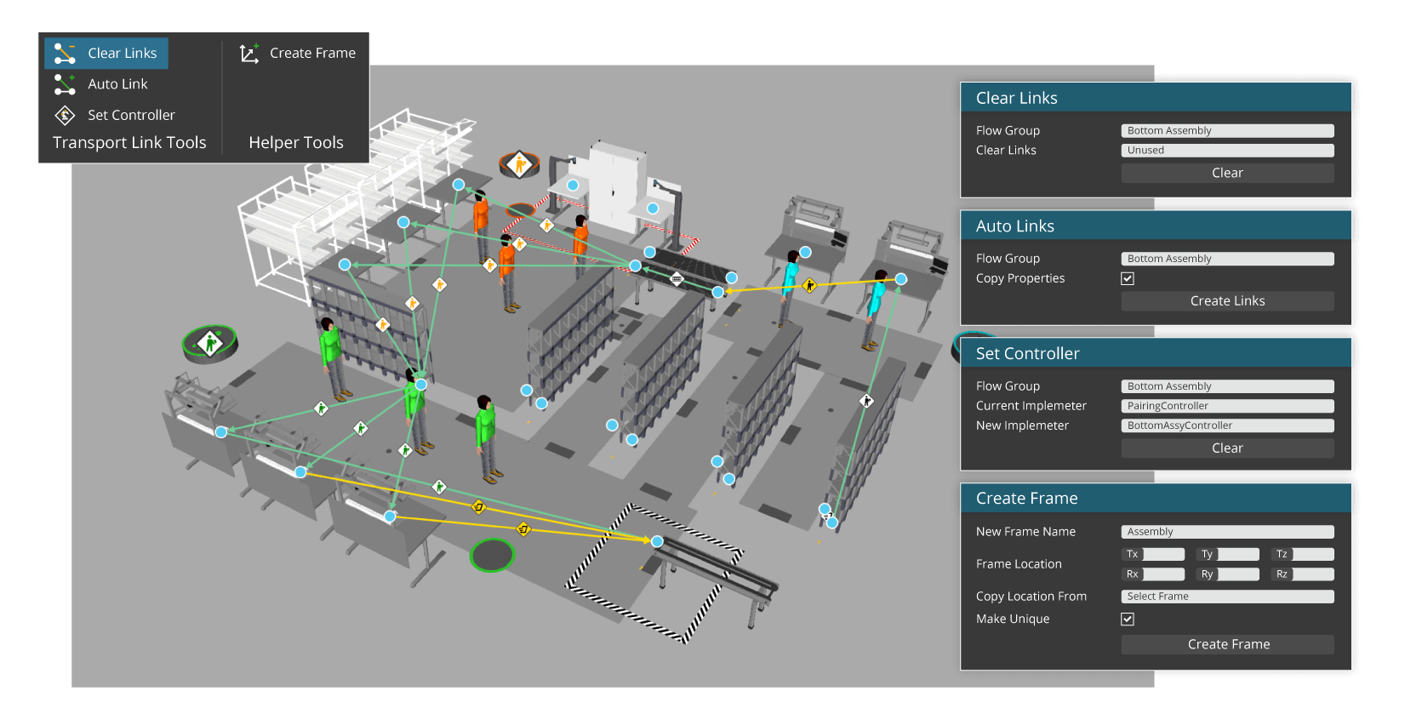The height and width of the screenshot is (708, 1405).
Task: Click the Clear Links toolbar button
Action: point(106,54)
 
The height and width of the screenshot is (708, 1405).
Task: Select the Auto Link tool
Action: point(101,84)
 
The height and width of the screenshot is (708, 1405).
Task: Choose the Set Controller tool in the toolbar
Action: point(114,115)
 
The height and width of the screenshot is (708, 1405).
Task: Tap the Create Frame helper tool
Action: point(297,54)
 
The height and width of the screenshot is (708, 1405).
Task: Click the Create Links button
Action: point(1227,301)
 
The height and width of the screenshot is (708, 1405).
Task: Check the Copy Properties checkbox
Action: point(1127,278)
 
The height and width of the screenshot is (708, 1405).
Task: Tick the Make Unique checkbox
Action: point(1127,619)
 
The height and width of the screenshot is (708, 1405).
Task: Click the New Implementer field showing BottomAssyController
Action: point(1227,425)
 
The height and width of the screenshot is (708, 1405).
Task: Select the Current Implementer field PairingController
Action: point(1227,406)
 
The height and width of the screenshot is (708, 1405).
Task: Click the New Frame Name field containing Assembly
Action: point(1227,532)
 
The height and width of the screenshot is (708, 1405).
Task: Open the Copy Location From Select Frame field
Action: point(1227,597)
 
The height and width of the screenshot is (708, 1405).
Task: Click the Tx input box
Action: point(1163,554)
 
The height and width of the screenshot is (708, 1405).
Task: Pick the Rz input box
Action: point(1313,574)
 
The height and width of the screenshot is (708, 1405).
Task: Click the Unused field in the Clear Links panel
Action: point(1227,151)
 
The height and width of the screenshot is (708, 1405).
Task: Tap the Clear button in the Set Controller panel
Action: point(1227,448)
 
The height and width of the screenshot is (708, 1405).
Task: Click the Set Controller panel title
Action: point(1027,354)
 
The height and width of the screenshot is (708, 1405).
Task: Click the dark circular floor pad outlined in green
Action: point(493,556)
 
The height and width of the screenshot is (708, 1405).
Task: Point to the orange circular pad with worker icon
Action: point(519,165)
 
